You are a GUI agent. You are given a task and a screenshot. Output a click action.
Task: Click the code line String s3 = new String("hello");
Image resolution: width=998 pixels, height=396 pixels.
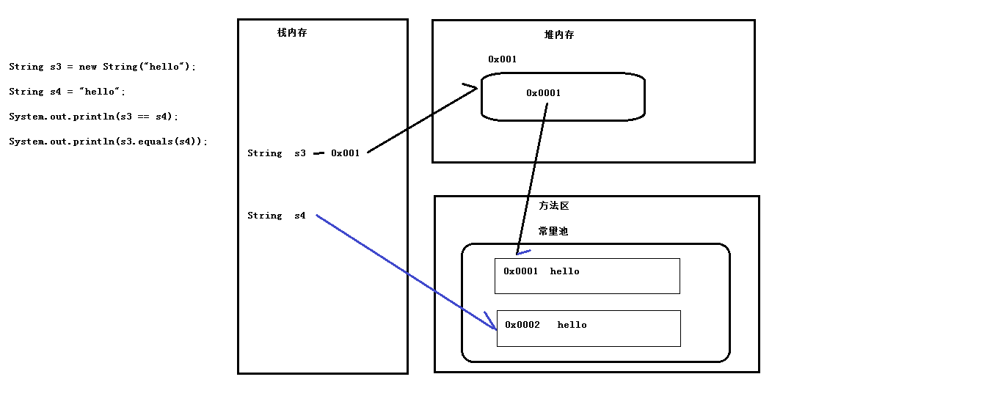[103, 67]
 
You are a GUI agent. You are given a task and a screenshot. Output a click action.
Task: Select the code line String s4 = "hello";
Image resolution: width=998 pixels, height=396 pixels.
[68, 92]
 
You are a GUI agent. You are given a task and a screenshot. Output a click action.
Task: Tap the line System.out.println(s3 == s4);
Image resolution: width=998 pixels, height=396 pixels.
[93, 117]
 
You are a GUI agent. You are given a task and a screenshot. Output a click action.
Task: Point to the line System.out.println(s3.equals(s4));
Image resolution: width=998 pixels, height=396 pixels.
[108, 142]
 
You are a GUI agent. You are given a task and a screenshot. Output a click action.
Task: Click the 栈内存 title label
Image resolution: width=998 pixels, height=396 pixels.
[292, 33]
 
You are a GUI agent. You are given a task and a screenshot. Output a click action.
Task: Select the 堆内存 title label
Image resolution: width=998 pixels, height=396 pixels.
[558, 35]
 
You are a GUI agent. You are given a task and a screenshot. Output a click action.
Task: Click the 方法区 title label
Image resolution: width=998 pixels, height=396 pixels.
[553, 206]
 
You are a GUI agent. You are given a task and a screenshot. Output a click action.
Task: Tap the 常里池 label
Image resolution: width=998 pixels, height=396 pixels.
[553, 231]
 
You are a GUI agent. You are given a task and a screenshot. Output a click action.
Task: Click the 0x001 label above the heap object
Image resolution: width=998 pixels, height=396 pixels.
[502, 59]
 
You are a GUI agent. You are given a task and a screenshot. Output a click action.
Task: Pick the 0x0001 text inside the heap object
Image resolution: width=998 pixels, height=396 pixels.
[543, 93]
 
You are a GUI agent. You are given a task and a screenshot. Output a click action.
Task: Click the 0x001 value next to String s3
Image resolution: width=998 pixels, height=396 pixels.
[345, 153]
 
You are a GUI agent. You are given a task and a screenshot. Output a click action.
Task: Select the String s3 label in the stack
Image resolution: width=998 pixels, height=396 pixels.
[276, 153]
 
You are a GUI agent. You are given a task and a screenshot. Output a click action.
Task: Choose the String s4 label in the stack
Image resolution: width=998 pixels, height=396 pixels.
[276, 216]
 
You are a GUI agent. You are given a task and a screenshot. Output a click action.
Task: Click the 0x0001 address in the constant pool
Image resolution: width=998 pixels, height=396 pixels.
[520, 271]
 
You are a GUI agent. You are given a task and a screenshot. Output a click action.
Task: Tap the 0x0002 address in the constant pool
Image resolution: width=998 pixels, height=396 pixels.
[522, 325]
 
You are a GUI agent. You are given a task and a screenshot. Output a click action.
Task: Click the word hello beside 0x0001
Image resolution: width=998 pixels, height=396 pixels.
[564, 271]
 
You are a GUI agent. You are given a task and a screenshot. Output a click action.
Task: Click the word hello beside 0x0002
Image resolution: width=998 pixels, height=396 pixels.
[572, 325]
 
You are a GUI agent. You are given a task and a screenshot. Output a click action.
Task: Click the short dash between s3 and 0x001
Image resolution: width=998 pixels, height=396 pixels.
[318, 154]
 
